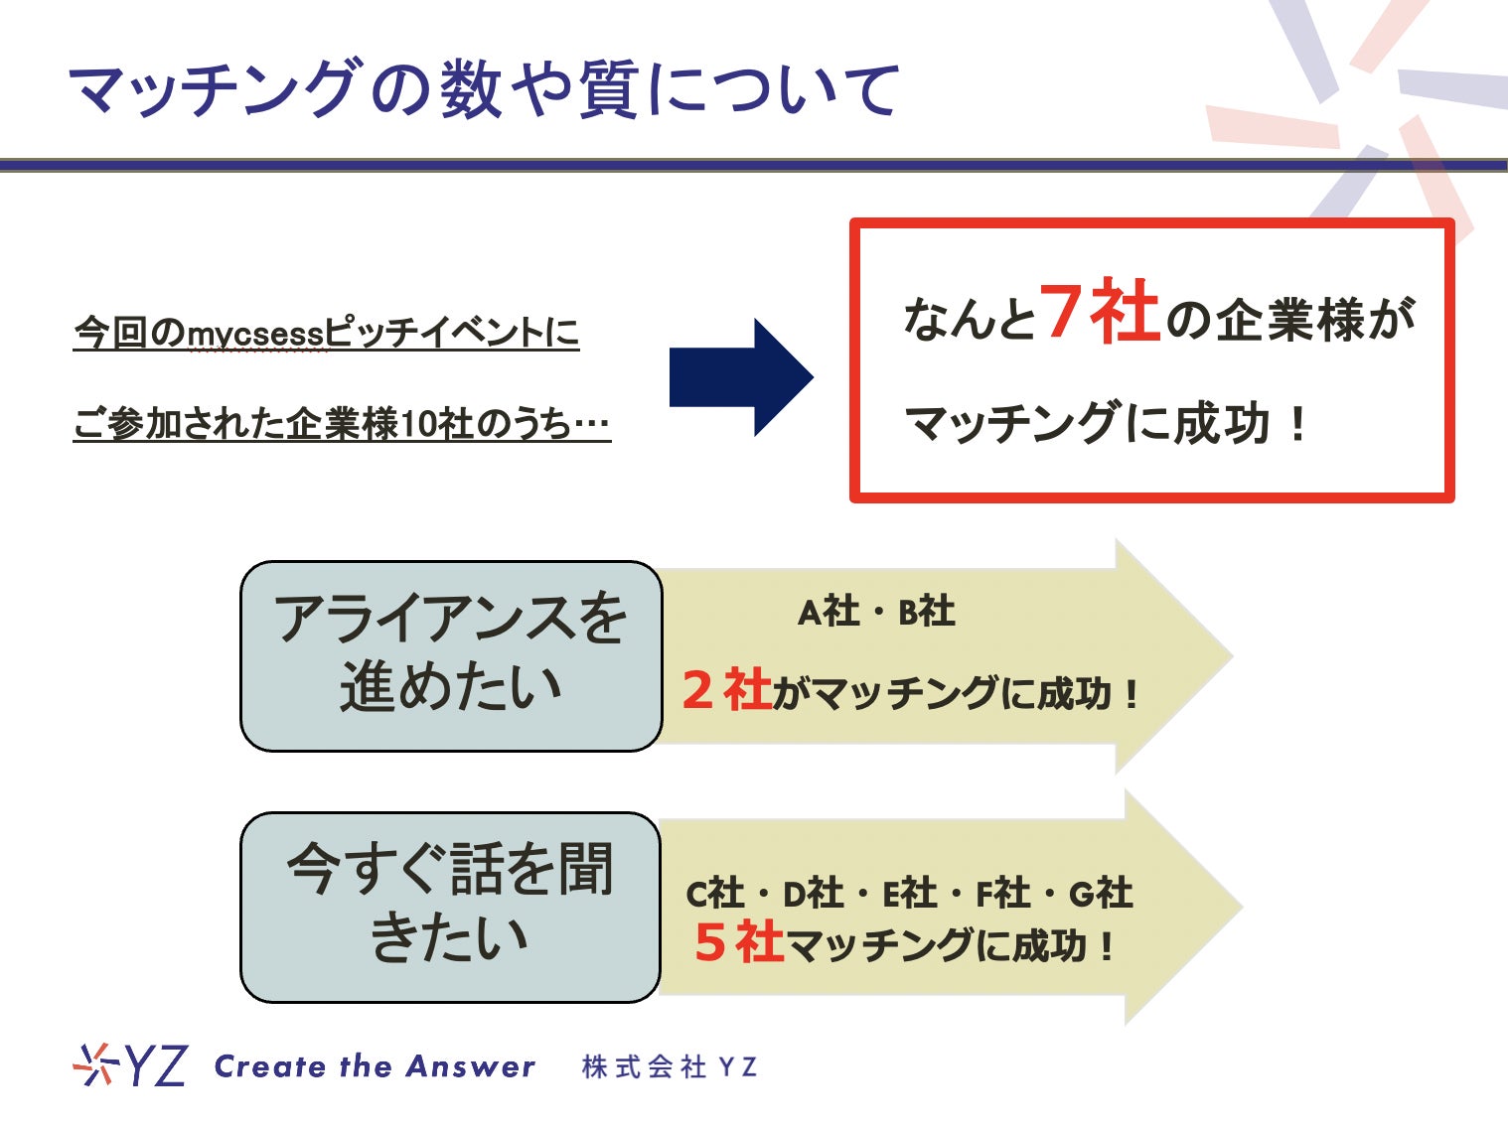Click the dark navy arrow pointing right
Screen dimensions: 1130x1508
[740, 377]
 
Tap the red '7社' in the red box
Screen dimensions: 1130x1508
[1100, 313]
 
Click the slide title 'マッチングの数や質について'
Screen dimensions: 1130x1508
[485, 89]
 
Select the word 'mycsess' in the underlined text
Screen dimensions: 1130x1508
[256, 334]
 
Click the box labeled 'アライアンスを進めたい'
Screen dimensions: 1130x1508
[451, 655]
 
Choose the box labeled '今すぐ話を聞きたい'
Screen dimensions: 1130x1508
[451, 906]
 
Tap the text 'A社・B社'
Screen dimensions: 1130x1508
[876, 612]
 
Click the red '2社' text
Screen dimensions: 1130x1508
[727, 690]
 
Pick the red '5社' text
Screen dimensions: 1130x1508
[739, 942]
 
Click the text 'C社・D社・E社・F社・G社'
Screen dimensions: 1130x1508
[909, 894]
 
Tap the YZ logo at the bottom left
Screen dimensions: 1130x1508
[130, 1065]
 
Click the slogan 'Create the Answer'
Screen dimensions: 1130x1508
[375, 1066]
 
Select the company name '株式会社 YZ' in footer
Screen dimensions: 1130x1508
[670, 1067]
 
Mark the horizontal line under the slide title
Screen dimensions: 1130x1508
[754, 165]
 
